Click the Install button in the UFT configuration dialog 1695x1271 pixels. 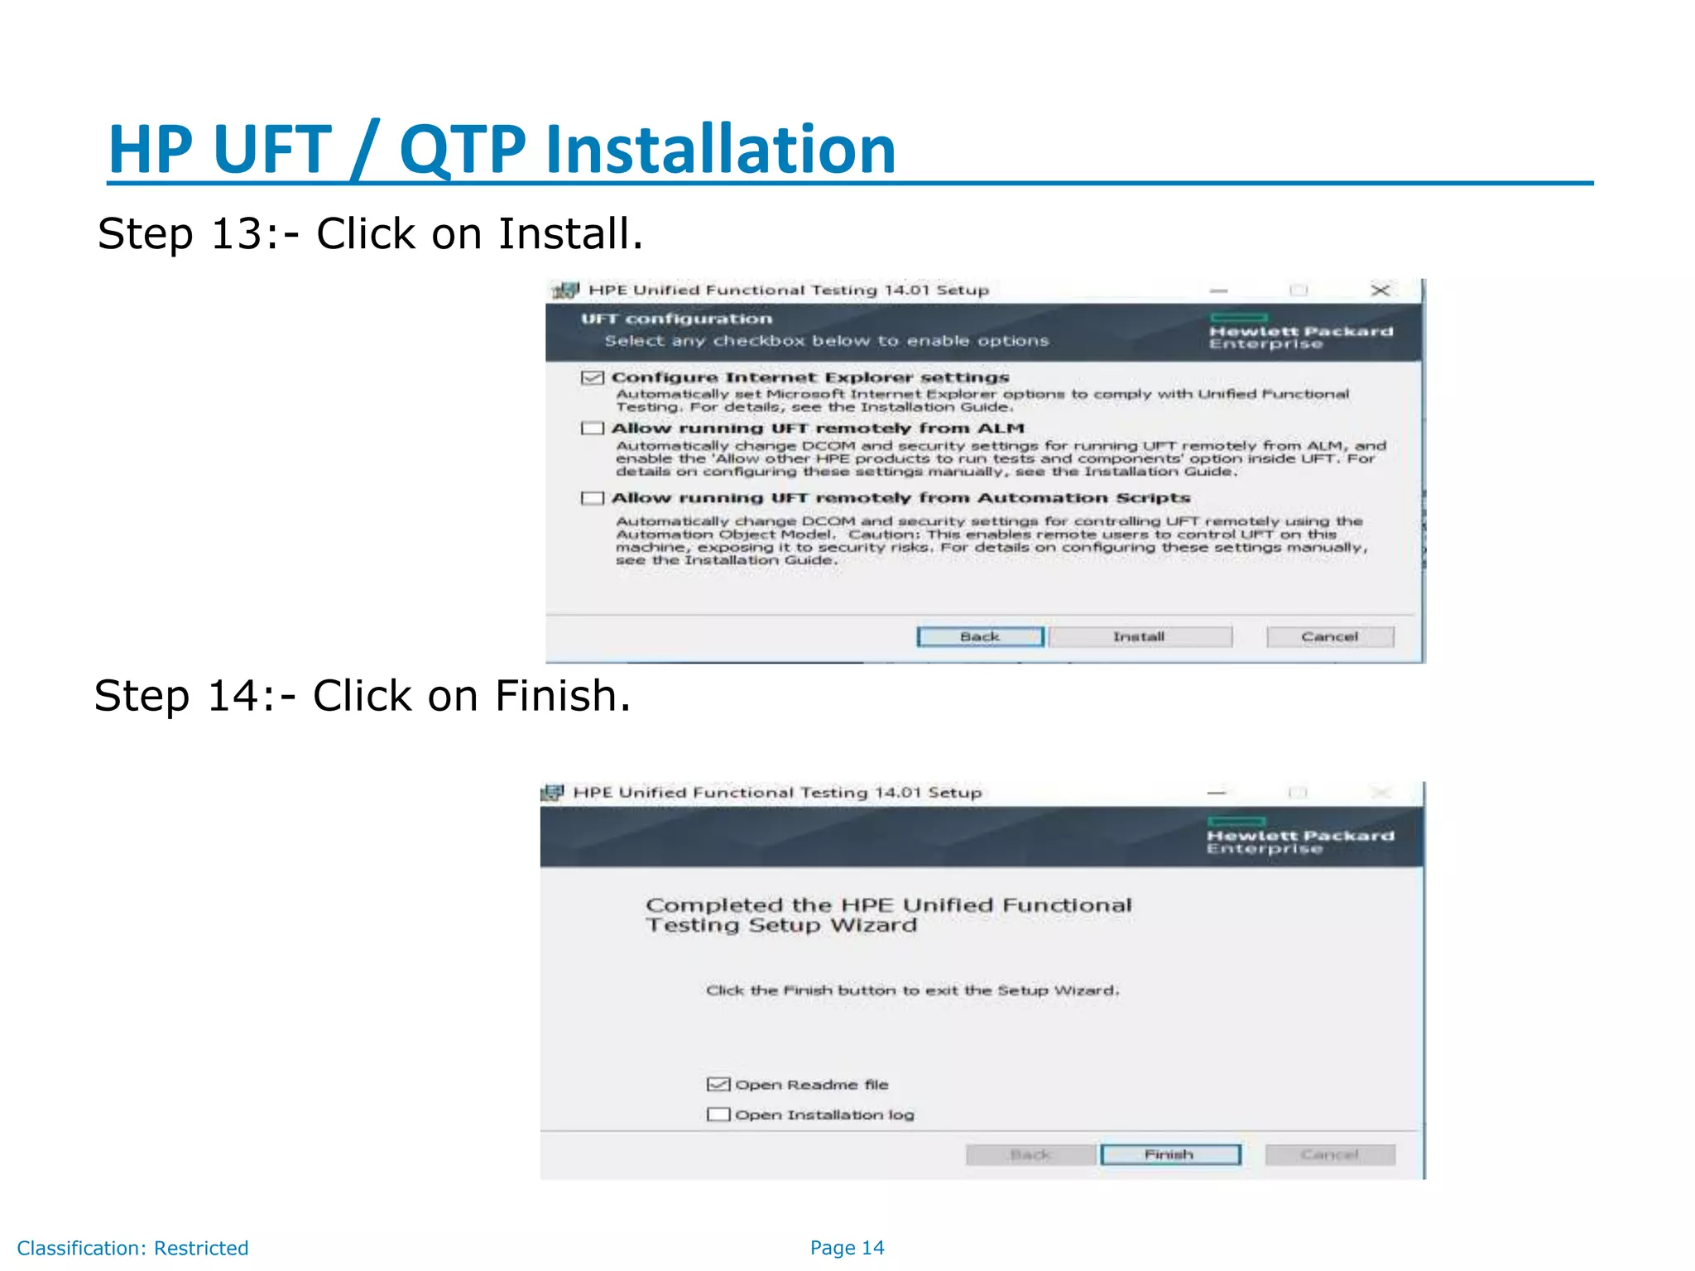1140,636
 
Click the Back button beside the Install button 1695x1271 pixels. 980,636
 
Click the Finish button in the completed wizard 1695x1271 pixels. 1169,1154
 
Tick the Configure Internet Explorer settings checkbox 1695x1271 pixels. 592,378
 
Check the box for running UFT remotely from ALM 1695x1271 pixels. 592,429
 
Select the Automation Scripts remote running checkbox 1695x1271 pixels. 592,498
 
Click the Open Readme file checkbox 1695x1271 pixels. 718,1085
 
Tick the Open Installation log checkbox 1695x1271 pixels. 718,1115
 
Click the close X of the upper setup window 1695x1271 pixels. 1380,290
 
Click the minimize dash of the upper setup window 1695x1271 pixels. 1218,291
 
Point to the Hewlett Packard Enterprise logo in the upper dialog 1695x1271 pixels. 1300,333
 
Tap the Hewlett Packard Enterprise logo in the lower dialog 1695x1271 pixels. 1299,837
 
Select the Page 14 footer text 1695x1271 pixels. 847,1248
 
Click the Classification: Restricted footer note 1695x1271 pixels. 132,1248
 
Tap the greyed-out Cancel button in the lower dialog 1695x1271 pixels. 1329,1154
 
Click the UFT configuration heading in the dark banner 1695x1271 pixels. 676,319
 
